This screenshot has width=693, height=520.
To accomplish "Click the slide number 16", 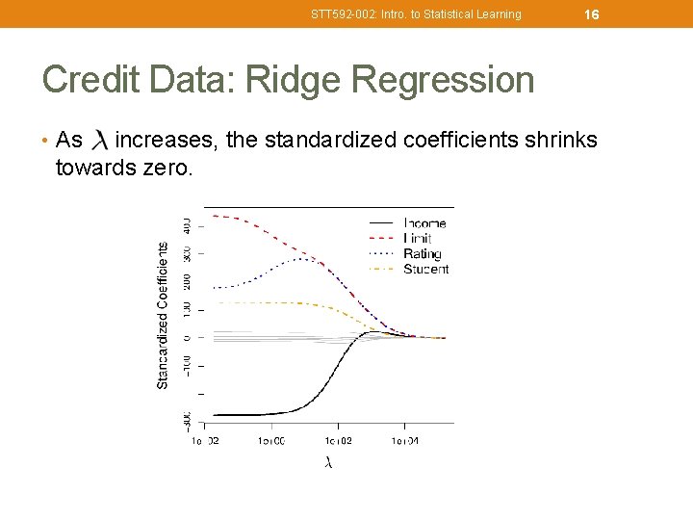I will tap(592, 14).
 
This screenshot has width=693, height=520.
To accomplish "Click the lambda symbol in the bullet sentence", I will tap(99, 142).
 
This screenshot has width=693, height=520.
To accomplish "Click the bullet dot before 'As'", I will tap(46, 142).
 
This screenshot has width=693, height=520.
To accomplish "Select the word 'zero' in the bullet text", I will tap(168, 169).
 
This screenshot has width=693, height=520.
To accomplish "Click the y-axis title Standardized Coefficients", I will tap(163, 315).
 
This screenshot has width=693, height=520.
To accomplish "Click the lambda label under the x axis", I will tap(328, 463).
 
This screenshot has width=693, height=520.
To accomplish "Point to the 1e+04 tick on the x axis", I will tap(403, 441).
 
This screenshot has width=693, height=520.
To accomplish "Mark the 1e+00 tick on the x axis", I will tap(270, 441).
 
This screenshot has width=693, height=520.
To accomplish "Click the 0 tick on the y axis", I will tap(187, 338).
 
